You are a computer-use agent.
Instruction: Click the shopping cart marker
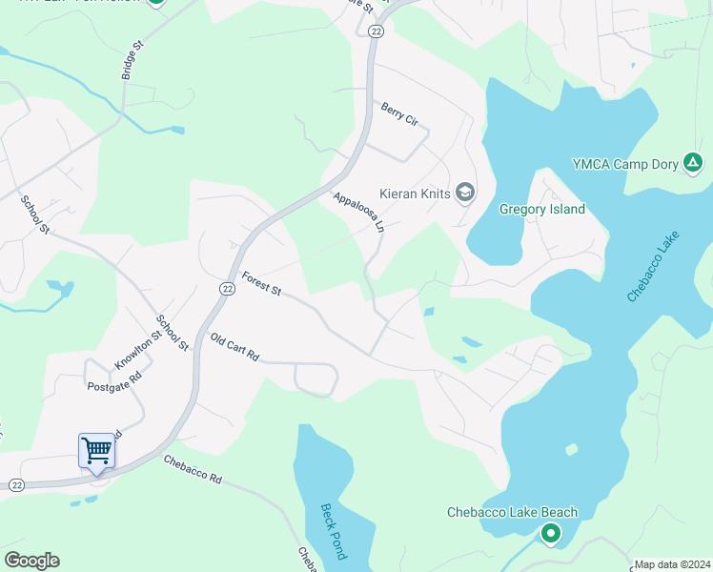point(96,450)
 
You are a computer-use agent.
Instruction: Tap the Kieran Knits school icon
point(465,193)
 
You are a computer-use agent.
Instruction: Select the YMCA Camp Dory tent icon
point(694,164)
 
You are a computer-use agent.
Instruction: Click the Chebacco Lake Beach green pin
point(550,535)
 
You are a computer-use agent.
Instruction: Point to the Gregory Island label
point(542,209)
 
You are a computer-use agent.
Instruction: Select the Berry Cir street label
point(399,114)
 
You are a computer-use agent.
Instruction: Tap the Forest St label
point(261,283)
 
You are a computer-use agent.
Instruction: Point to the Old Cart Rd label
point(234,346)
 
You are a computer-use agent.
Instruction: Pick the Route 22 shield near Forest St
point(227,289)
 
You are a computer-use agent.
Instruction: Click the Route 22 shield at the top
point(377,31)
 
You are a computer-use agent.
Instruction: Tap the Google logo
point(31,561)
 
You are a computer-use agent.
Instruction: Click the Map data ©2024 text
point(672,564)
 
